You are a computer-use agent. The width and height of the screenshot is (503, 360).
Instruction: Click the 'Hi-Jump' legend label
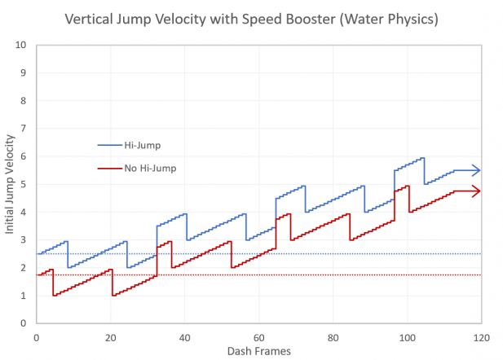click(142, 144)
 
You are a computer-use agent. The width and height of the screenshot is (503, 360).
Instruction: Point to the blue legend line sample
click(108, 144)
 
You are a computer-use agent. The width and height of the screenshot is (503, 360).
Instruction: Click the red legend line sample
click(108, 168)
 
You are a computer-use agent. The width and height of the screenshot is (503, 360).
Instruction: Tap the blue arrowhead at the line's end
click(476, 170)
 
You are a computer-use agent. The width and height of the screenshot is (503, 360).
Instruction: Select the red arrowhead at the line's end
click(476, 191)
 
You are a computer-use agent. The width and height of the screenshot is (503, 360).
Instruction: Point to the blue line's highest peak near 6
click(422, 158)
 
